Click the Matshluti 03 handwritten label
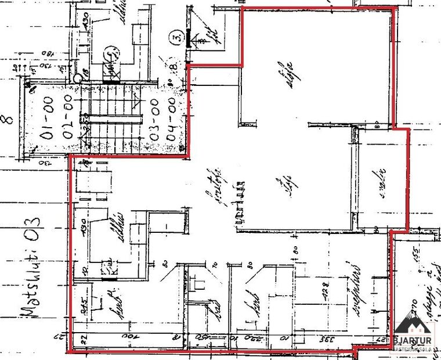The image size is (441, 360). point(32,267)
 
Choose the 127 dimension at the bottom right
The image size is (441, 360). point(375,337)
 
